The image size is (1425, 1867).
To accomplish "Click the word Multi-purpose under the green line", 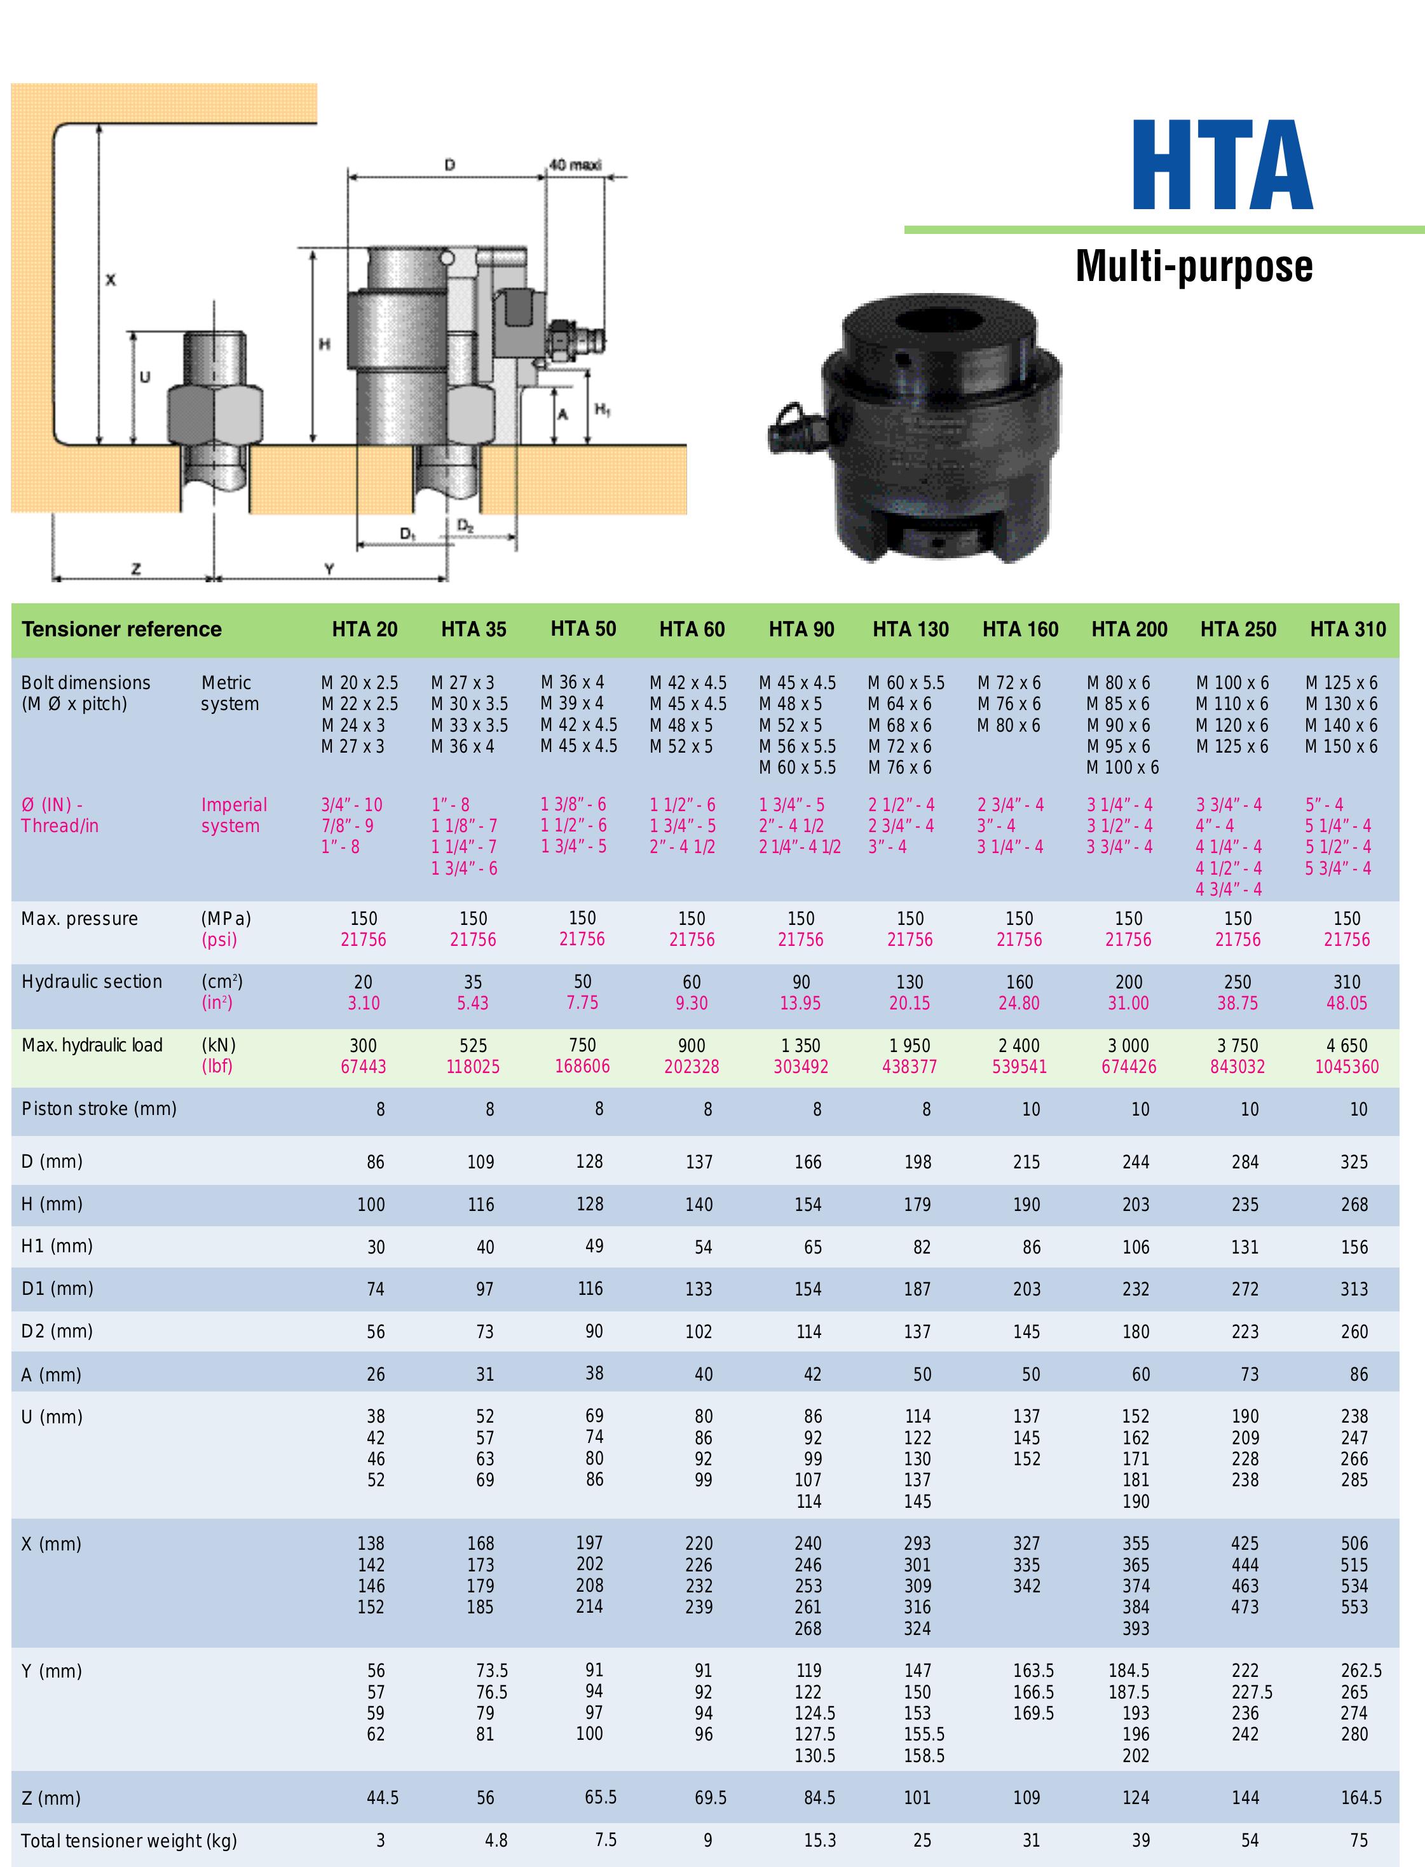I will [1194, 266].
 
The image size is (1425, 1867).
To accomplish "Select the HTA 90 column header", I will [801, 629].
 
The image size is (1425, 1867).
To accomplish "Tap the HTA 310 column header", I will [1347, 629].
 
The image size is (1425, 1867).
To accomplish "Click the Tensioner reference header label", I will [121, 629].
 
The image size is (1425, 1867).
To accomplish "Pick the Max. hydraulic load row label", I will [92, 1045].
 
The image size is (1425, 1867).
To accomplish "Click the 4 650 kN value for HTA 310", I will [1347, 1045].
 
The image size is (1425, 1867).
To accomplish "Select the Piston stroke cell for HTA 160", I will [1030, 1109].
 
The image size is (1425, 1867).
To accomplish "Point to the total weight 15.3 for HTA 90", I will [819, 1840].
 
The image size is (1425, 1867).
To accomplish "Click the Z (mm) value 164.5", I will [1361, 1798].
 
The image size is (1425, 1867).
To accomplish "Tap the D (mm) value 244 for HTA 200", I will [1135, 1162].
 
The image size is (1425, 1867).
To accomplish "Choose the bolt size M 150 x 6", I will [1341, 746].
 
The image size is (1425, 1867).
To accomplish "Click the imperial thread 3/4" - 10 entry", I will [351, 804].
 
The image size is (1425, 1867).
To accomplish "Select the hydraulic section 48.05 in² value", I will [1347, 1002].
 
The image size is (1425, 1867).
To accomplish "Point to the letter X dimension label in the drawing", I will [110, 280].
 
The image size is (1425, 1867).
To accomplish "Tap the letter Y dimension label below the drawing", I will [329, 569].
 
